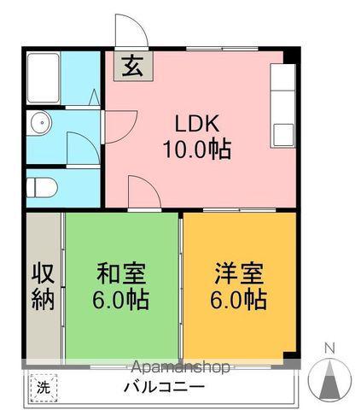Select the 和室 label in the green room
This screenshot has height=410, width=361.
120,275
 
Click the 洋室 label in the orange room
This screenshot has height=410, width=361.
238,275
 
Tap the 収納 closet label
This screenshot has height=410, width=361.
43,287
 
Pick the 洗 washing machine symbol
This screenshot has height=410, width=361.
43,386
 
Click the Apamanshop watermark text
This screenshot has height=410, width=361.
180,367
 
